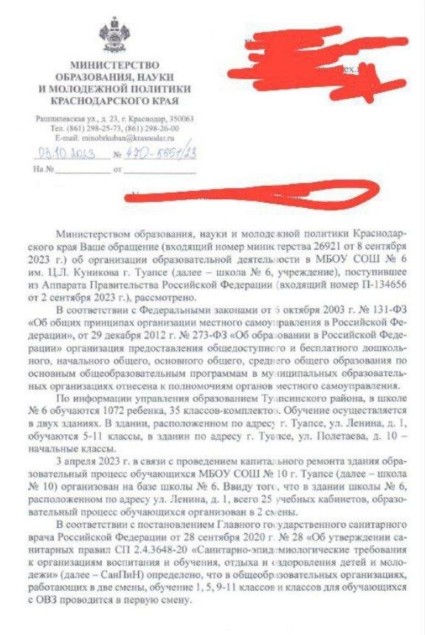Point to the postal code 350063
179,118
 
